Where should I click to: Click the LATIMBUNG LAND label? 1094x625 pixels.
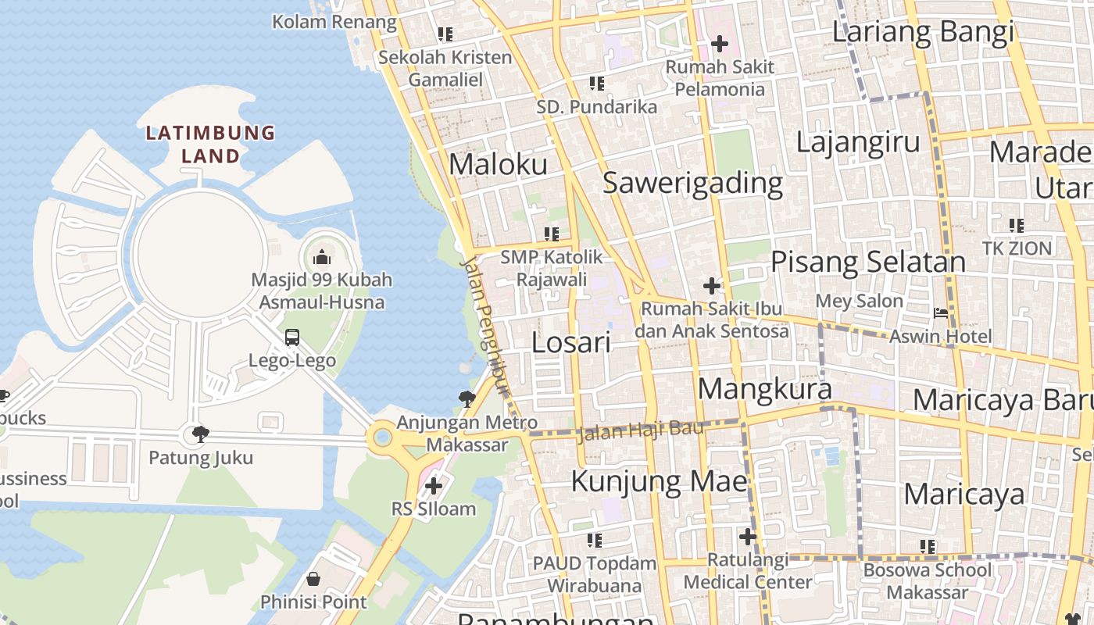pos(210,145)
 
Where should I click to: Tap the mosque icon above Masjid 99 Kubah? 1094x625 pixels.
pos(322,256)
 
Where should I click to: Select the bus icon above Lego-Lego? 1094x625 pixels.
pos(292,337)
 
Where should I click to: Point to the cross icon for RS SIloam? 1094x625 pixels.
pos(433,486)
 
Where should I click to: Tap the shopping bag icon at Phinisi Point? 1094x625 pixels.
pos(313,579)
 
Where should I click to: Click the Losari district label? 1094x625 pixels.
pos(570,342)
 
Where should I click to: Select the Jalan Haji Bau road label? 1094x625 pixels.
pos(640,430)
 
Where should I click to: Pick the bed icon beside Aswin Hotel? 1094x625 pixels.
pos(941,313)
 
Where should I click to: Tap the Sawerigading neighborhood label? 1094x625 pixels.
pos(692,182)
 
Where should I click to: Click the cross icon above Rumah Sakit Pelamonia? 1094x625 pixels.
pos(719,44)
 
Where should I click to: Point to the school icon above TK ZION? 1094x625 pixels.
pos(1016,226)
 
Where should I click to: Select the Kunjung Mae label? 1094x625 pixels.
pos(659,480)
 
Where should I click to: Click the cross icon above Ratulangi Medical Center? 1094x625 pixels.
pos(747,537)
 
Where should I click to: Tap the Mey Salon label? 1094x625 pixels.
pos(859,301)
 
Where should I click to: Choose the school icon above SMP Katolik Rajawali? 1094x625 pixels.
pos(552,234)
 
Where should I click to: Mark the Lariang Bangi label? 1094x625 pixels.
pos(922,32)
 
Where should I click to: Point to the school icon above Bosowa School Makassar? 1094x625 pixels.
pos(927,547)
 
